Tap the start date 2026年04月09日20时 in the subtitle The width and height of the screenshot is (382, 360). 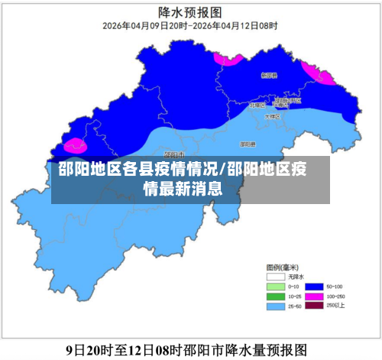[x=144, y=25]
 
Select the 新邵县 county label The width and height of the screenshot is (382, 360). [x=268, y=76]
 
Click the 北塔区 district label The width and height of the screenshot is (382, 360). [x=257, y=106]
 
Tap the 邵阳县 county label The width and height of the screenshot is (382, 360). [x=247, y=143]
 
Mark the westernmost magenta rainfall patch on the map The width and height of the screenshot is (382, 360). [x=74, y=145]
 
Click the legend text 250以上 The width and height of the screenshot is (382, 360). [x=335, y=306]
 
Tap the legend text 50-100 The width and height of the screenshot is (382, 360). [x=335, y=285]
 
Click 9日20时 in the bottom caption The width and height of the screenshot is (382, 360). [x=89, y=349]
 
